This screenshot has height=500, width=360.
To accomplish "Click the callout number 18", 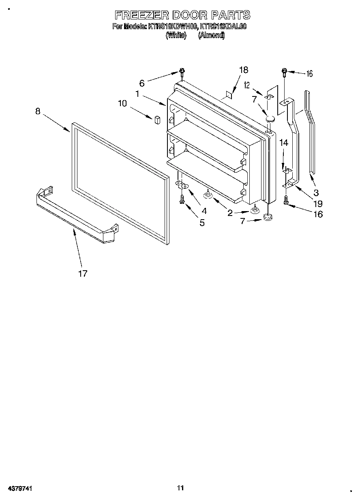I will [243, 70].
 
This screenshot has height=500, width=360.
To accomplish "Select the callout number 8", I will [38, 111].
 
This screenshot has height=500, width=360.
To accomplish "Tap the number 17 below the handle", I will [82, 274].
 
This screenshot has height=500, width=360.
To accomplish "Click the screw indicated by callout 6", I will [182, 73].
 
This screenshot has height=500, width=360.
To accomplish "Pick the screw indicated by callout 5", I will [182, 199].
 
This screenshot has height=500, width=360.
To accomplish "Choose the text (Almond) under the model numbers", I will [211, 35].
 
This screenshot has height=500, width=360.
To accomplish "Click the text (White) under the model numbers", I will [176, 35].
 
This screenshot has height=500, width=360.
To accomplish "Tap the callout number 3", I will [316, 192].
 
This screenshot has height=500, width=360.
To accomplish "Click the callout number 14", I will [284, 143].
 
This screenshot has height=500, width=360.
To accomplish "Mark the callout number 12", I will [246, 85].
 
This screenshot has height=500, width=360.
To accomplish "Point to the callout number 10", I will [122, 103].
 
